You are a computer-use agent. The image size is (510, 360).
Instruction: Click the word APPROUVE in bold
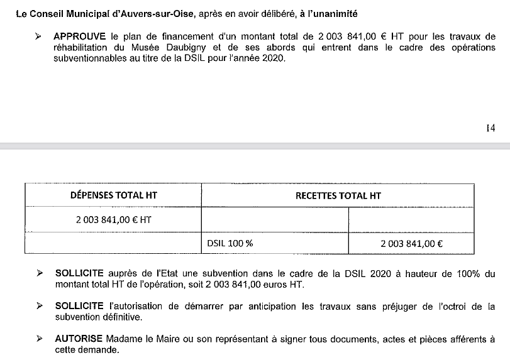click(x=80, y=36)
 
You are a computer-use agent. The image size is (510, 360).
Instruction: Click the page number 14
click(x=490, y=128)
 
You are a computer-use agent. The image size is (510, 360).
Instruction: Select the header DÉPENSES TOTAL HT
click(x=113, y=195)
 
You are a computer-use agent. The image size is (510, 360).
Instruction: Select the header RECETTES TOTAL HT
click(x=338, y=195)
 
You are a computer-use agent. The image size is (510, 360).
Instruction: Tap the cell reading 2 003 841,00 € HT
click(x=113, y=220)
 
